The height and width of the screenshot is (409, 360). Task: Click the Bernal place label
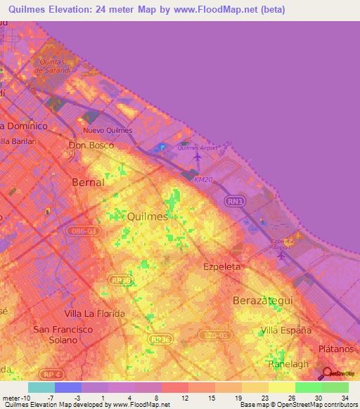[x=89, y=182]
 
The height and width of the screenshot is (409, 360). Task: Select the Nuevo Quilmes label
[x=108, y=131]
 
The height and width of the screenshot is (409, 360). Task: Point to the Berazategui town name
[x=262, y=300]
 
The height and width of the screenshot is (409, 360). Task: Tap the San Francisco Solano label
[x=63, y=335]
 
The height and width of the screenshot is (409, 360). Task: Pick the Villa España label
[x=286, y=330]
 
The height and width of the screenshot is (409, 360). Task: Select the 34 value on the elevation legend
[x=345, y=398]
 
